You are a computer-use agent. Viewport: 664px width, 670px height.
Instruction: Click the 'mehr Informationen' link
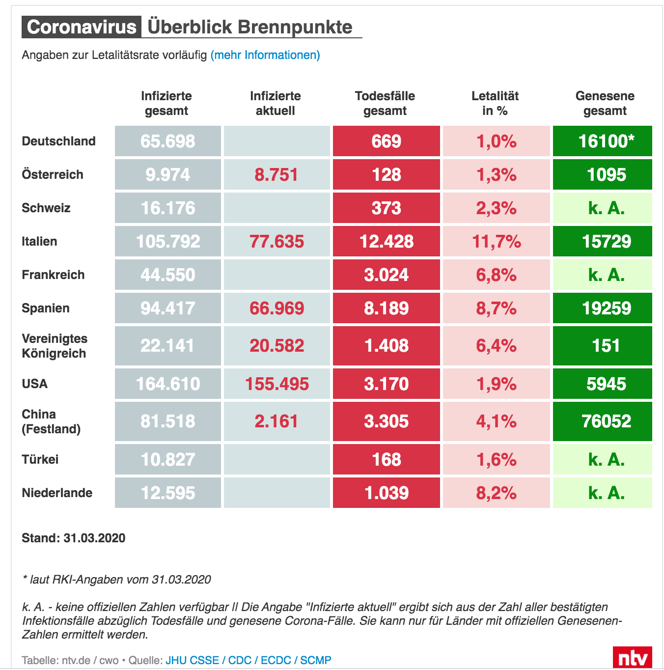coord(265,56)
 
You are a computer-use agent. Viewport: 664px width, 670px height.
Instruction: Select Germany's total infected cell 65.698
coord(167,141)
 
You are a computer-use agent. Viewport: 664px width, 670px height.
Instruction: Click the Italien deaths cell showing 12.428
coord(386,241)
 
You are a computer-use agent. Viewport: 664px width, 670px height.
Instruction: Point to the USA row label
coord(34,384)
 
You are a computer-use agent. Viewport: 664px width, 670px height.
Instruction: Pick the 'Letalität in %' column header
coord(495,103)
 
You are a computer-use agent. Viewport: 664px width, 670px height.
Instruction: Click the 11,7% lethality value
coord(496,241)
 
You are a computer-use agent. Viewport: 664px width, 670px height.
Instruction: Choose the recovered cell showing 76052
coord(606,421)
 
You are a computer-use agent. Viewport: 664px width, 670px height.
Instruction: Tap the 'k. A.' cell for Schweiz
coord(606,208)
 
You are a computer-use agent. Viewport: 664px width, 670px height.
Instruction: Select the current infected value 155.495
coord(277,384)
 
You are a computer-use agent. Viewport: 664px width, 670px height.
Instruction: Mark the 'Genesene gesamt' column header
coord(605,103)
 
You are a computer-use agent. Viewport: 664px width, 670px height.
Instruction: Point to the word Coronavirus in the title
coord(82,27)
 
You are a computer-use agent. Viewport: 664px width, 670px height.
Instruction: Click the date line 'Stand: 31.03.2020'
coord(73,538)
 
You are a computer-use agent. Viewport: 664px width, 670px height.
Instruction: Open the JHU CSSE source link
coord(192,660)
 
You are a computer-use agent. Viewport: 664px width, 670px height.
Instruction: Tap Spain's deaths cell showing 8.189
coord(386,308)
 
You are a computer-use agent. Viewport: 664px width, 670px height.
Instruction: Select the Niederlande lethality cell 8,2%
coord(496,493)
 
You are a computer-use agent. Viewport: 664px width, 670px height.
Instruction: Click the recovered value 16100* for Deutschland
coord(606,141)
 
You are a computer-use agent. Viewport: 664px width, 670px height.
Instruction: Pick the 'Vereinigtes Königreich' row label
coord(54,346)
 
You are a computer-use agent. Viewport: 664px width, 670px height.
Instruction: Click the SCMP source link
coord(316,660)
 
